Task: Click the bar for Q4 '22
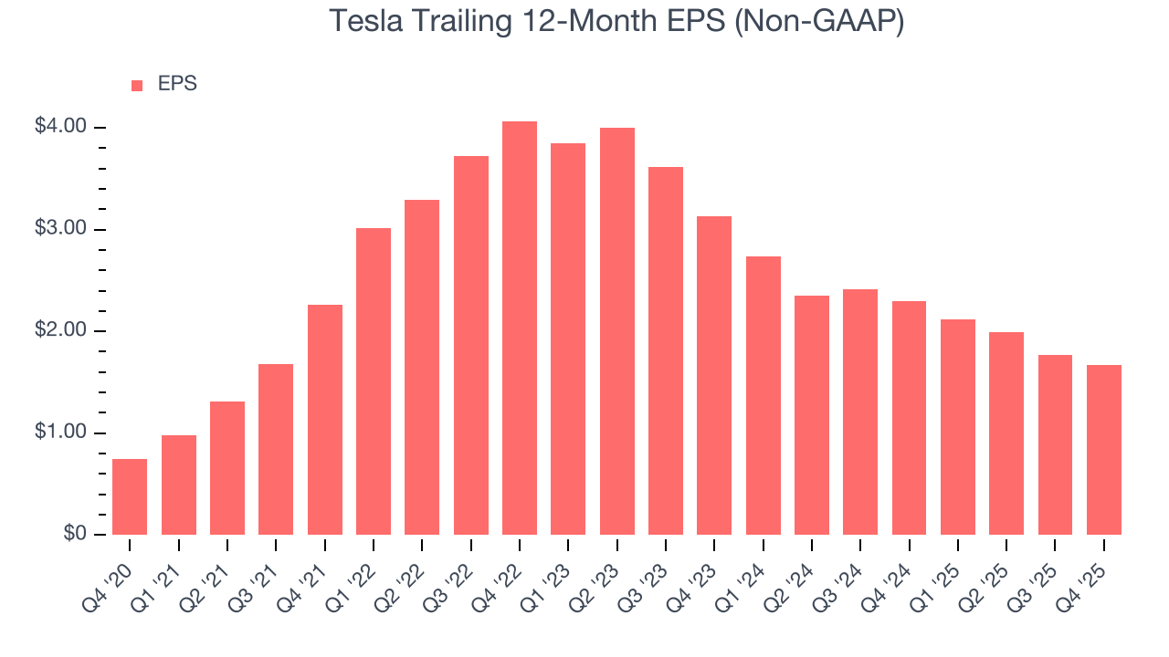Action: (x=520, y=328)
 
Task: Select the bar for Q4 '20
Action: (x=130, y=496)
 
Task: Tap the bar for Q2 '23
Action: (x=617, y=331)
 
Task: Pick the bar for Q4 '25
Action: (x=1104, y=450)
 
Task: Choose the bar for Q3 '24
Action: (x=860, y=412)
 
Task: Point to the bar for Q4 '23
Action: (x=714, y=375)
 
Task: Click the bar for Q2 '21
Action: (x=227, y=468)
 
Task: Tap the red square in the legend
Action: (x=137, y=85)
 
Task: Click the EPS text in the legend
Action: (x=177, y=84)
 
